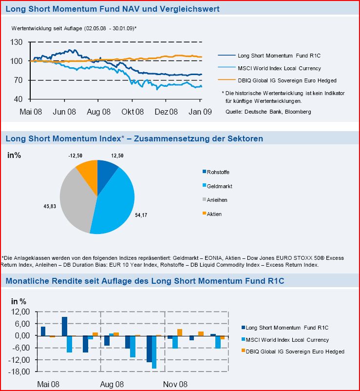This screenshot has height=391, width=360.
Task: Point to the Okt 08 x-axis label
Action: (x=133, y=112)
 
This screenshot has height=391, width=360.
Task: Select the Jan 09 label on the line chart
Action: (x=200, y=112)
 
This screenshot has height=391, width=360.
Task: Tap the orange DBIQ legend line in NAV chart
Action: (x=226, y=80)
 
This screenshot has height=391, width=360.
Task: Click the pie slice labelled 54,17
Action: (x=114, y=200)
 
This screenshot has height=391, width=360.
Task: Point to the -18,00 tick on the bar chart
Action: (x=19, y=371)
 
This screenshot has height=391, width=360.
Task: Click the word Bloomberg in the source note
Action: (x=298, y=112)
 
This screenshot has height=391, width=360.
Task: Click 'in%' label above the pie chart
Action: (x=14, y=156)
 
